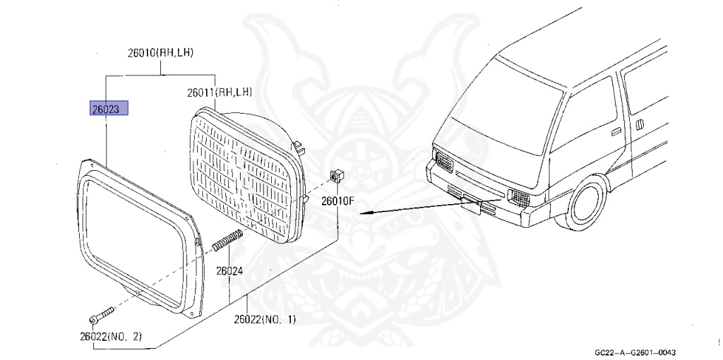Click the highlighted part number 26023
pos(109,109)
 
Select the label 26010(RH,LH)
pos(161,53)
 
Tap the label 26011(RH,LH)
pos(220,92)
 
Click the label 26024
pos(229,270)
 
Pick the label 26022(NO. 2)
pos(111,336)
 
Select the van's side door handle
pos(616,131)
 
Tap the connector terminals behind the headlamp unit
pos(301,150)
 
